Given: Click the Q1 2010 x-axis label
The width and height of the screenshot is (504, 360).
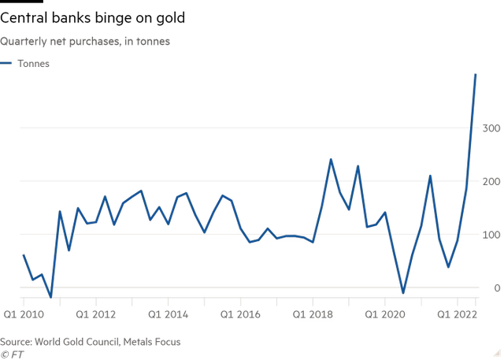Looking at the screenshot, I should tap(23, 314).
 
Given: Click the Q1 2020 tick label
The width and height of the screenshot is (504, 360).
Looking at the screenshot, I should tap(385, 314).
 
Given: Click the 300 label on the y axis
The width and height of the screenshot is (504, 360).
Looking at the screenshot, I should tap(489, 128).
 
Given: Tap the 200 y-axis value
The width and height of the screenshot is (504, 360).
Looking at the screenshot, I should tap(489, 181).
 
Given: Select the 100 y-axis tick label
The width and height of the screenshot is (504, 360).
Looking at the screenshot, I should tap(489, 235).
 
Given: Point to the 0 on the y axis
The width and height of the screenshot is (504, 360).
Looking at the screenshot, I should tap(495, 288).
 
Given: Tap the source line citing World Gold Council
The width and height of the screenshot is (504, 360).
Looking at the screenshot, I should tap(91, 341).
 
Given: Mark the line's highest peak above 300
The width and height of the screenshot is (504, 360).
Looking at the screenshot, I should tap(476, 74).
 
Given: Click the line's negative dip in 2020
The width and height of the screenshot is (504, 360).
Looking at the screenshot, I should tap(403, 292).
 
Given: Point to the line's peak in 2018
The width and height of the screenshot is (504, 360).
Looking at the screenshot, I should tap(331, 160).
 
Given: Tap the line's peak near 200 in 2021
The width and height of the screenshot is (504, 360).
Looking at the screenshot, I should tap(431, 176).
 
